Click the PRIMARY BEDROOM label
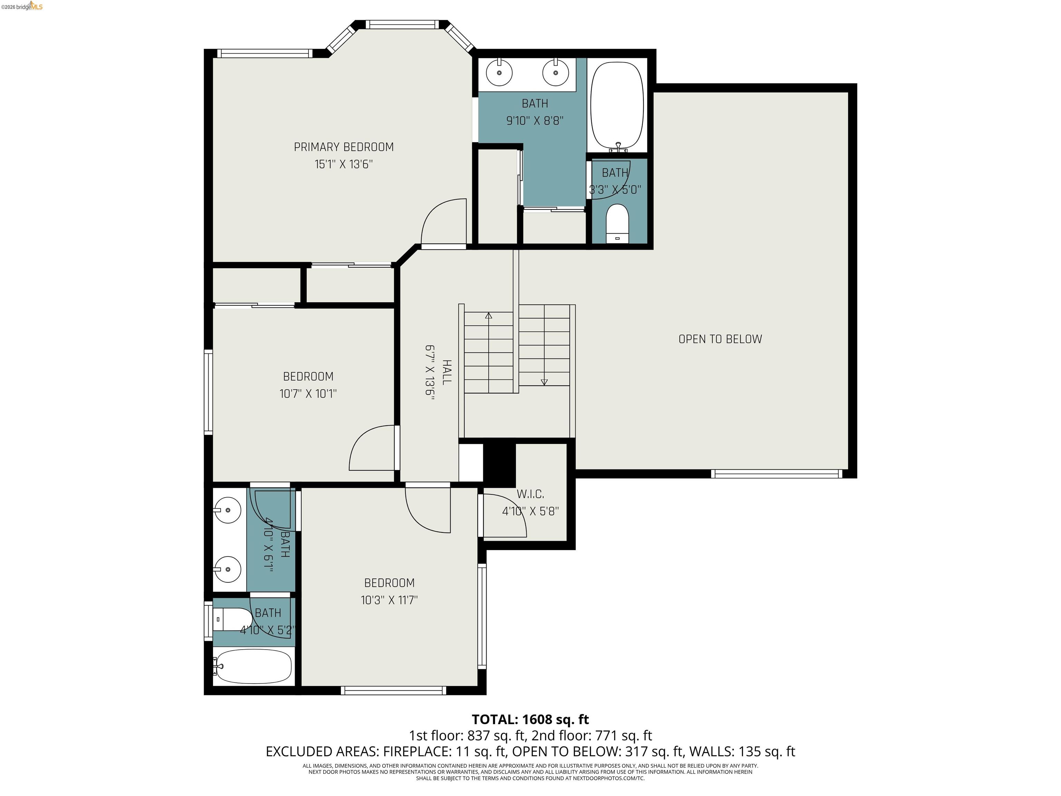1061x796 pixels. point(343,147)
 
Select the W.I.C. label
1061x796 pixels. point(530,494)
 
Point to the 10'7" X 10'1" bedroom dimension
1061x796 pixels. point(308,394)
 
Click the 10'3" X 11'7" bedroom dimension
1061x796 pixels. point(389,600)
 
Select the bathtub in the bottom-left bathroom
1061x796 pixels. point(253,666)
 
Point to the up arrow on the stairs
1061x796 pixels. point(488,316)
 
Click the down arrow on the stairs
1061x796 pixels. point(544,381)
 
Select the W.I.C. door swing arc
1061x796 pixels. point(506,516)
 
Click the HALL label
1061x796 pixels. point(446,372)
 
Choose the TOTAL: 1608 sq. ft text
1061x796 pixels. point(530,719)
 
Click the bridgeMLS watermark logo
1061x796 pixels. point(22,6)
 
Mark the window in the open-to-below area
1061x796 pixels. point(776,474)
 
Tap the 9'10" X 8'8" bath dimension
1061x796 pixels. point(534,121)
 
